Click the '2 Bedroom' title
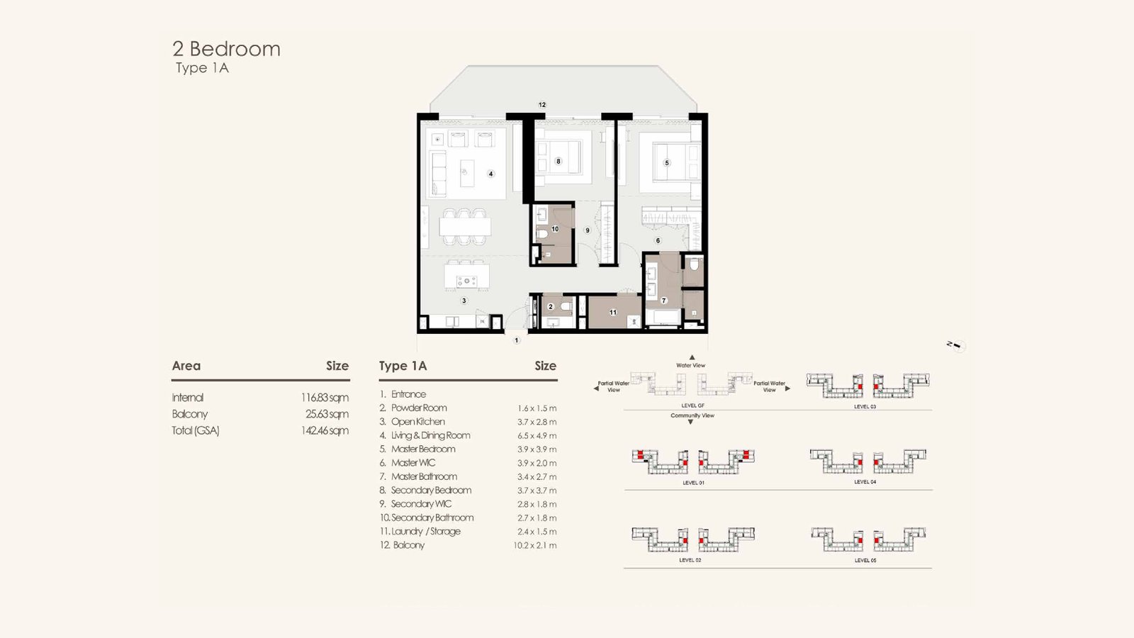(x=226, y=49)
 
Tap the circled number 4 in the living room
(x=490, y=174)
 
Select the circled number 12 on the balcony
(x=542, y=105)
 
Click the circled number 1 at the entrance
(x=517, y=340)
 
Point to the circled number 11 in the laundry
(x=613, y=313)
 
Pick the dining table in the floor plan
(x=465, y=226)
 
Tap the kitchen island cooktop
(x=466, y=281)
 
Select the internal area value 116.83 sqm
(x=325, y=398)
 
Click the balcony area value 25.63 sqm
(x=327, y=414)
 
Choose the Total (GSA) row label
(x=196, y=431)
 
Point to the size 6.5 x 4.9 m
(x=537, y=435)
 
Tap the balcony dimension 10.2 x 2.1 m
(x=534, y=545)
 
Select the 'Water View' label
(x=690, y=365)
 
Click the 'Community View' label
(x=692, y=415)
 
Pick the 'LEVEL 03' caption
(x=865, y=407)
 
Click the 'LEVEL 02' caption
(x=690, y=560)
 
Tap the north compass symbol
(x=957, y=346)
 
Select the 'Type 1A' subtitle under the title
(x=202, y=68)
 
